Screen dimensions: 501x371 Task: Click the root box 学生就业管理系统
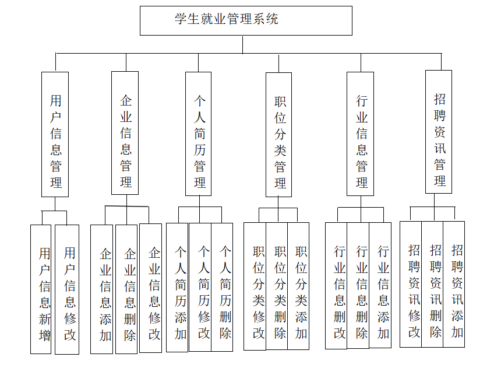pos(246,20)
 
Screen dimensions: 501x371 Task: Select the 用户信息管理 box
pos(55,134)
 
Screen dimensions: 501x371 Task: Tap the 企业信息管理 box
pos(125,133)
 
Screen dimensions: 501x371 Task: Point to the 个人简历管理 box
pos(199,134)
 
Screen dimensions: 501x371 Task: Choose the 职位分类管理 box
pos(279,135)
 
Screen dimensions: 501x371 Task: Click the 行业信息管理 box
pos(361,134)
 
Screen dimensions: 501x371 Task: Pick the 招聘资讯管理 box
pos(439,131)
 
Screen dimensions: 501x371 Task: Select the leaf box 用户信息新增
pos(41,289)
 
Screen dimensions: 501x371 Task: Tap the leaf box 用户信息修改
pos(68,289)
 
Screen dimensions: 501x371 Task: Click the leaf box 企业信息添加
pos(103,289)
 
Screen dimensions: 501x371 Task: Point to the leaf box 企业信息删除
pos(127,289)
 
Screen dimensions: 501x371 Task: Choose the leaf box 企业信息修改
pos(151,288)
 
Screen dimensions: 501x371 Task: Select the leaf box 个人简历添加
pos(178,288)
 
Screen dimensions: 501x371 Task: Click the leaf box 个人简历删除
pos(222,287)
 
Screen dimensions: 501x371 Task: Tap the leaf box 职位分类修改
pos(255,286)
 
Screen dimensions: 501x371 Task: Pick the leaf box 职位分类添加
pos(298,286)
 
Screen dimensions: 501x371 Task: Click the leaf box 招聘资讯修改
pos(411,284)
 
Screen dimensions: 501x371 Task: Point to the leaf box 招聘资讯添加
pos(454,284)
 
